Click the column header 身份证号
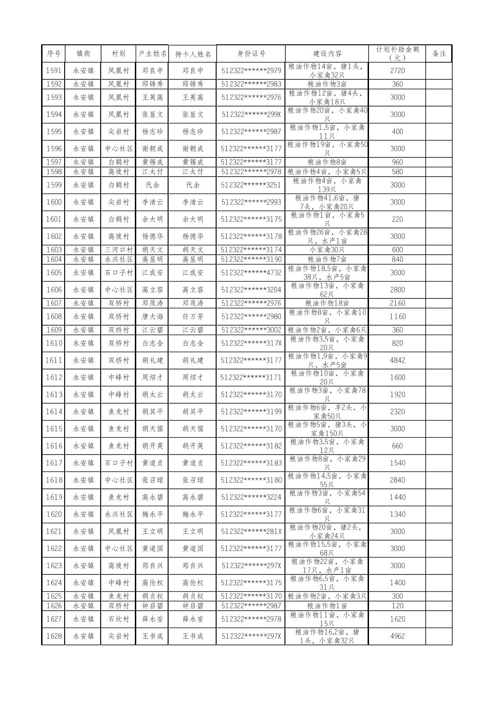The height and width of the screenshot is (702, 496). tap(251, 54)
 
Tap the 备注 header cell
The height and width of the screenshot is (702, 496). tap(439, 54)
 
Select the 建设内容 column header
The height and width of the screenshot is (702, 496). tap(327, 54)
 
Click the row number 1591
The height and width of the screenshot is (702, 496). tap(54, 71)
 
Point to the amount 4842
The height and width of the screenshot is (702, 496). tap(397, 360)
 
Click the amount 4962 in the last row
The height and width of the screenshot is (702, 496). tap(397, 636)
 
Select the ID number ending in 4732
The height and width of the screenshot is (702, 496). tap(251, 272)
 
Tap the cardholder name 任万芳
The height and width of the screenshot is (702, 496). tap(193, 316)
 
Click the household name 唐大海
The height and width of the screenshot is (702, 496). tap(152, 316)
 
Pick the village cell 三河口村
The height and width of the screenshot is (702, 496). tap(119, 249)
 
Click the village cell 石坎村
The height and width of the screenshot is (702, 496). tap(119, 619)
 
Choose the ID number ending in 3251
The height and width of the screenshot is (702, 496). tap(251, 185)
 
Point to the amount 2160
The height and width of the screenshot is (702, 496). tap(397, 303)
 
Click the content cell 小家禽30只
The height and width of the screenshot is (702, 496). tap(327, 249)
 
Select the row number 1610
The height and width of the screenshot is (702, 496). tap(54, 343)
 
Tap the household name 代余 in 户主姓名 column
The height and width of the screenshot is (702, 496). tap(152, 185)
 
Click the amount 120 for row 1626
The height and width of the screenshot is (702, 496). tap(397, 605)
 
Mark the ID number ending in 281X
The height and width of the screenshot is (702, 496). tap(251, 531)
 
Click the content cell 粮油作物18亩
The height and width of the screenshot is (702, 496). tap(327, 303)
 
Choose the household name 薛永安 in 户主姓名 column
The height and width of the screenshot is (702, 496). tap(152, 619)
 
